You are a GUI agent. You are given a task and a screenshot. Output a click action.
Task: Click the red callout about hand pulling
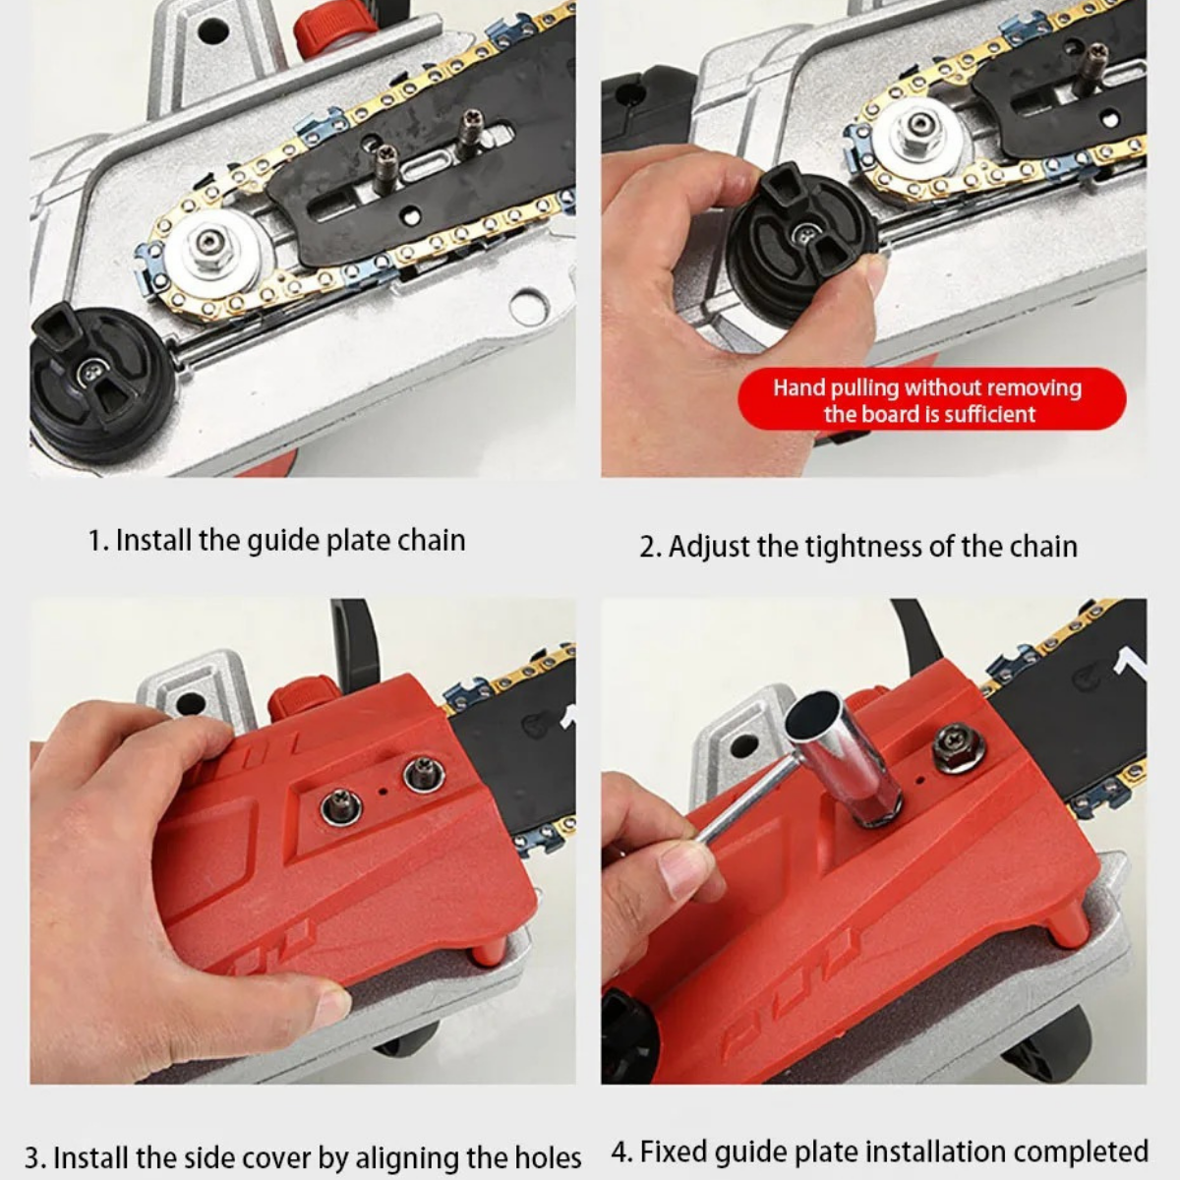point(930,399)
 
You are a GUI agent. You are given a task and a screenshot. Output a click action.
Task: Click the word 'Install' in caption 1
point(153,540)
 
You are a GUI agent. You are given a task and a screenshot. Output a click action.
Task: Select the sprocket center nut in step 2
point(918,126)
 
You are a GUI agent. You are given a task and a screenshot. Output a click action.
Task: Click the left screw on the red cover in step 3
point(341,808)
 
